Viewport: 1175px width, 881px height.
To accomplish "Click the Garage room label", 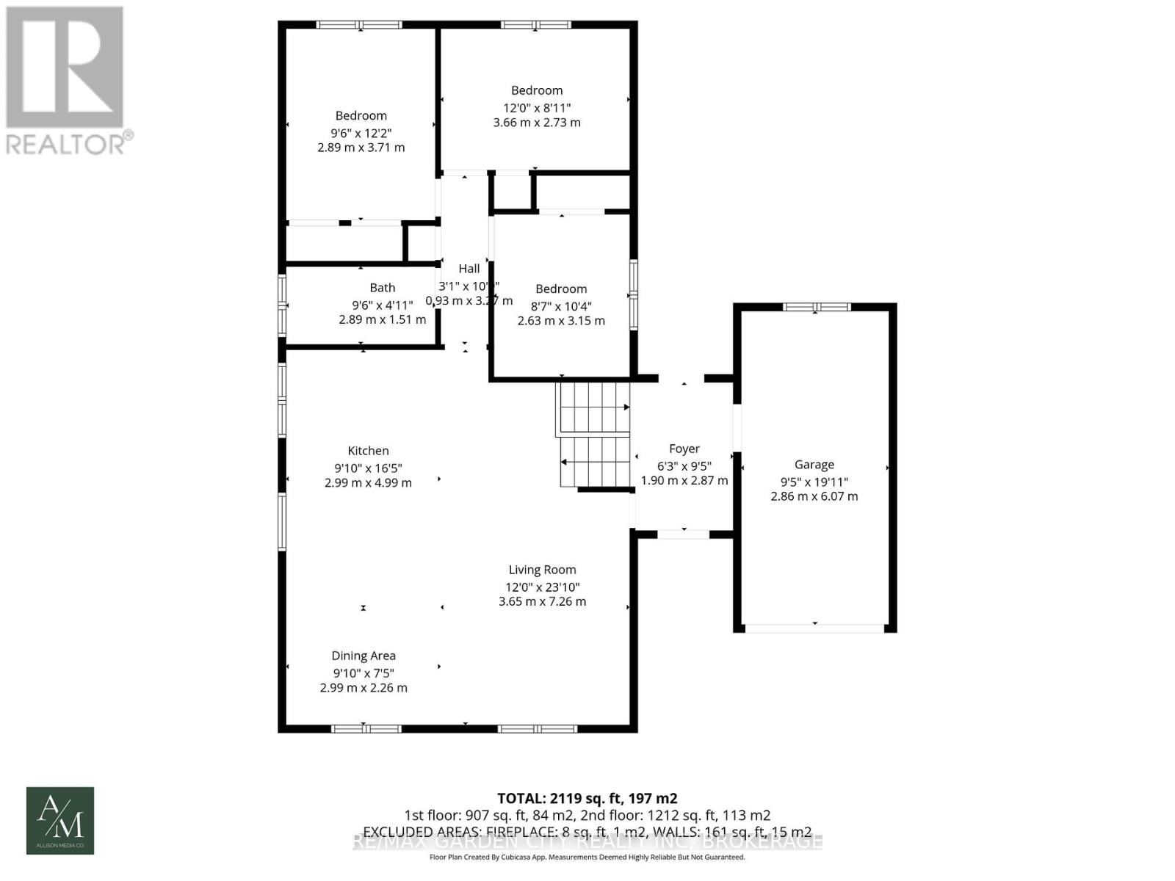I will pyautogui.click(x=814, y=465).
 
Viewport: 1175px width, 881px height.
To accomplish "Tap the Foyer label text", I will pyautogui.click(x=684, y=449).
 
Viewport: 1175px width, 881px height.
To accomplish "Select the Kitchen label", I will pyautogui.click(x=368, y=451).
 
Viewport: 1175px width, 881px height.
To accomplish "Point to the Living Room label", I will pyautogui.click(x=542, y=570).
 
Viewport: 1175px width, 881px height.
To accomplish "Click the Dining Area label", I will pyautogui.click(x=364, y=656).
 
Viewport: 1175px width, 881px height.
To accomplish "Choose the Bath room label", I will pyautogui.click(x=382, y=288).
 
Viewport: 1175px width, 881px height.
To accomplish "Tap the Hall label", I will pyautogui.click(x=469, y=269).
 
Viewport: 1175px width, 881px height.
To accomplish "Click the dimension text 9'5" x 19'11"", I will pyautogui.click(x=814, y=482).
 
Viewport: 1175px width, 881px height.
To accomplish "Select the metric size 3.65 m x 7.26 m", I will pyautogui.click(x=542, y=601).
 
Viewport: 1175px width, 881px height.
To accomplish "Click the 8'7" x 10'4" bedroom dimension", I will pyautogui.click(x=561, y=306).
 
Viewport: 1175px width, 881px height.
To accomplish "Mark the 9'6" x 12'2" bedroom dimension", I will pyautogui.click(x=361, y=133).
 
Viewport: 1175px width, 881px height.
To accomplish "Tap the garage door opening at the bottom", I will pyautogui.click(x=814, y=628).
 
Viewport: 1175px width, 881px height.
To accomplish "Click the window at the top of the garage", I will pyautogui.click(x=815, y=307).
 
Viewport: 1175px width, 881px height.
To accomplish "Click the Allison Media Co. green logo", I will pyautogui.click(x=60, y=820).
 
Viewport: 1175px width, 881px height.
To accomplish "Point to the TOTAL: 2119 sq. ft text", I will pyautogui.click(x=587, y=798).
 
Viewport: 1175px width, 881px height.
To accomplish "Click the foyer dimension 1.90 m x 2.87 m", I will pyautogui.click(x=684, y=480).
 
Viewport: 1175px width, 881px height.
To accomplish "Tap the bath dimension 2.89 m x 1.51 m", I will pyautogui.click(x=382, y=319).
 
